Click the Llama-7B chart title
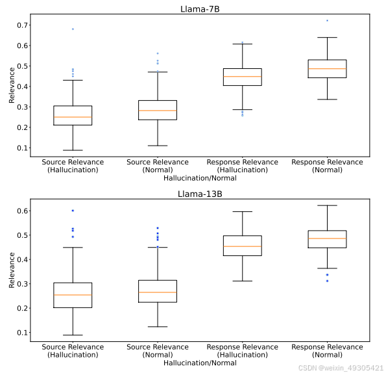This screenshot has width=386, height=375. click(200, 8)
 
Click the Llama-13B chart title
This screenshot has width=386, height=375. click(200, 194)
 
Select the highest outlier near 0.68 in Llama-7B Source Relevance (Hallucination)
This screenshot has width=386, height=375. click(73, 29)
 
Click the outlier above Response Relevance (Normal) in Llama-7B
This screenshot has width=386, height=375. click(327, 21)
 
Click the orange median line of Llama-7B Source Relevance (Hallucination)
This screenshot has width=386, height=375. click(73, 117)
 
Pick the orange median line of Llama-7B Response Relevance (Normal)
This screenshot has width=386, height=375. click(327, 69)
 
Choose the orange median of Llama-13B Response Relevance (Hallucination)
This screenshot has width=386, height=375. click(242, 246)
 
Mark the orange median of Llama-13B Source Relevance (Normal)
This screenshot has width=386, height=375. click(158, 292)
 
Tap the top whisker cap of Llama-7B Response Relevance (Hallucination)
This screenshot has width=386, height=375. click(242, 44)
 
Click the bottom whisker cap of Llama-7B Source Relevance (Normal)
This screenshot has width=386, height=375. click(158, 146)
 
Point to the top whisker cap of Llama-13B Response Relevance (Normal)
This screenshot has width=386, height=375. click(327, 205)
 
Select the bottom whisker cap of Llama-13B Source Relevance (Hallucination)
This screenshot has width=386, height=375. click(73, 335)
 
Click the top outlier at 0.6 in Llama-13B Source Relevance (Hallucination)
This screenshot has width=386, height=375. click(73, 211)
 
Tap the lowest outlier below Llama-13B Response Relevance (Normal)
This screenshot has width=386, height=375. click(327, 281)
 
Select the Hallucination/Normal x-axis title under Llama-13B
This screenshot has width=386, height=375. click(200, 363)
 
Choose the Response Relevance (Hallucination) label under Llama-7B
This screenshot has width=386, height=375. click(242, 166)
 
